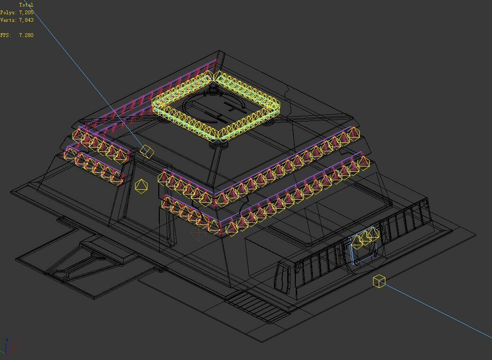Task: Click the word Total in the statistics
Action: click(x=26, y=5)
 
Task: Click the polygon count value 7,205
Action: click(x=26, y=12)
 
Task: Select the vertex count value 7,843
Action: click(x=26, y=20)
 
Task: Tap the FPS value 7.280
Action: click(x=26, y=35)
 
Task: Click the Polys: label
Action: click(x=8, y=12)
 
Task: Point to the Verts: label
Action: click(x=8, y=20)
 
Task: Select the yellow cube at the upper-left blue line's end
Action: click(x=147, y=152)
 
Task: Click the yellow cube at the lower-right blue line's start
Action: click(x=379, y=281)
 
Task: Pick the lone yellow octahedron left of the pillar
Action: click(x=141, y=186)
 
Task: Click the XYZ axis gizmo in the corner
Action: click(x=8, y=347)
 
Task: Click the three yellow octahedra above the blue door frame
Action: click(x=365, y=236)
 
